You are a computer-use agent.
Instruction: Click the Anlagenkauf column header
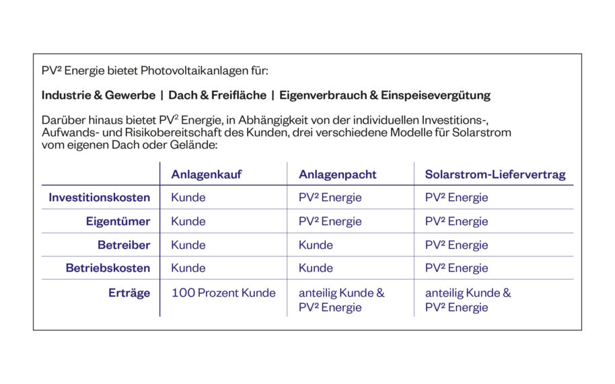(x=206, y=175)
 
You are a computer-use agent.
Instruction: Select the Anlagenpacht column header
(x=337, y=175)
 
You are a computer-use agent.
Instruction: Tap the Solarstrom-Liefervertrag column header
(x=495, y=175)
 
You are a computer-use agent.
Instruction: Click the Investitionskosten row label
(x=99, y=198)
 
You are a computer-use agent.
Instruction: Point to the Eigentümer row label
(x=118, y=221)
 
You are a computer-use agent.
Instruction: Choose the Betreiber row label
(x=124, y=245)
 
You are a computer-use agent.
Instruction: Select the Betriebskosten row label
(x=108, y=268)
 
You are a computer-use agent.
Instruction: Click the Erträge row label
(x=129, y=293)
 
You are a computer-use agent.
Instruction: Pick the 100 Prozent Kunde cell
(x=223, y=293)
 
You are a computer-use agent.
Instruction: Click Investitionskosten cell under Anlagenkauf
(x=188, y=198)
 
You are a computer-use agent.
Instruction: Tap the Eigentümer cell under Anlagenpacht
(x=330, y=221)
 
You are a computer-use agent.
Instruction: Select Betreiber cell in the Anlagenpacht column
(x=316, y=245)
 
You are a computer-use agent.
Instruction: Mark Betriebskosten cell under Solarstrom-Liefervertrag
(x=456, y=268)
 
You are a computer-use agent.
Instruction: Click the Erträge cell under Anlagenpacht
(x=341, y=300)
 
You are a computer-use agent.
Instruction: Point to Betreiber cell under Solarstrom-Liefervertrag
(x=456, y=245)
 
